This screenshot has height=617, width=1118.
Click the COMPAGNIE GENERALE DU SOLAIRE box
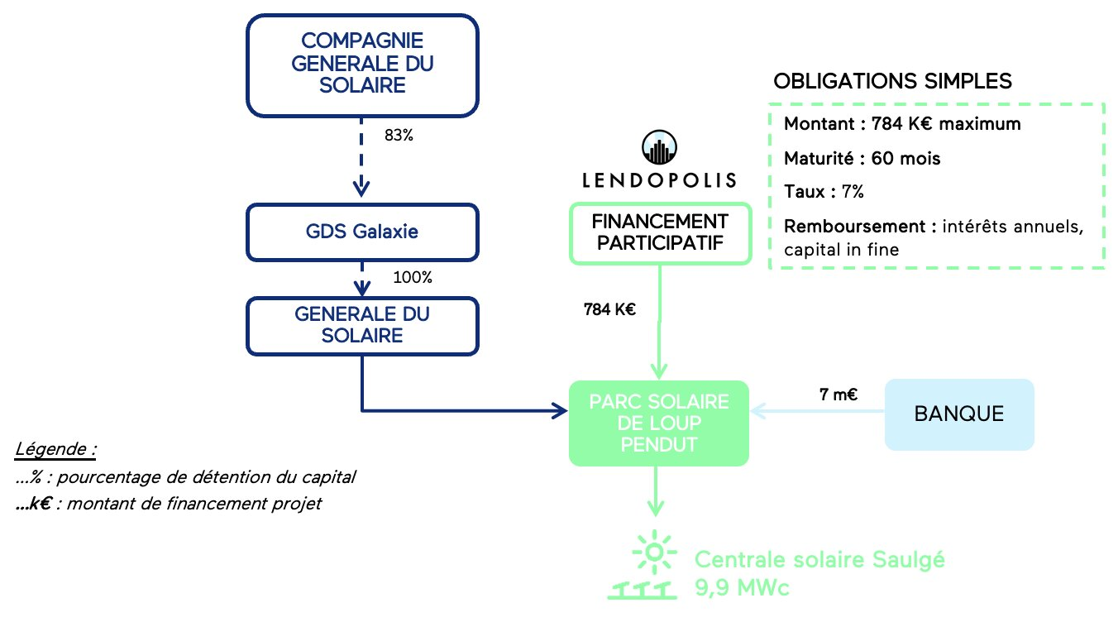click(363, 64)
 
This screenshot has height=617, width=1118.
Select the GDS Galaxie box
click(363, 232)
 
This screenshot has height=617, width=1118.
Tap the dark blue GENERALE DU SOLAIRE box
click(363, 325)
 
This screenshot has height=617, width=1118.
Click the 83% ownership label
click(399, 135)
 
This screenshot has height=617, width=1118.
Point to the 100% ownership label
click(413, 278)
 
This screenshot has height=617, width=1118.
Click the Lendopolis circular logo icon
click(659, 148)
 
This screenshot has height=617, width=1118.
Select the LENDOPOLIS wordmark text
click(659, 179)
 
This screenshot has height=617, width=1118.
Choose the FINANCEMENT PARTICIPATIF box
click(659, 233)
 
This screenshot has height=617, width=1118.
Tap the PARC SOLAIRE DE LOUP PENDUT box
click(659, 423)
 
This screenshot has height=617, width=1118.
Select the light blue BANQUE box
click(959, 414)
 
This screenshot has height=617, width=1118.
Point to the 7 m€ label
click(837, 395)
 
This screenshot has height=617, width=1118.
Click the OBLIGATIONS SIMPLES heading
click(892, 82)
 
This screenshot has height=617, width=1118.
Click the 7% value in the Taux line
click(853, 192)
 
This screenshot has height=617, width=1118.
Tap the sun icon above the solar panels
click(654, 552)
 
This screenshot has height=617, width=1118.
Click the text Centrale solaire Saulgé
click(819, 560)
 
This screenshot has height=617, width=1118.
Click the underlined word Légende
click(55, 450)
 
